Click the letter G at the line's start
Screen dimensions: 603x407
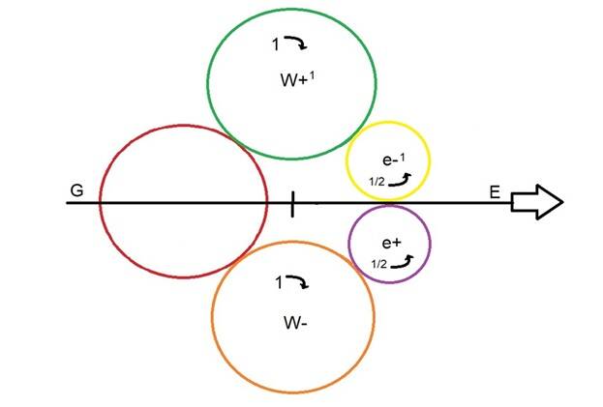[76, 190]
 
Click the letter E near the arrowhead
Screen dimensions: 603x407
[495, 192]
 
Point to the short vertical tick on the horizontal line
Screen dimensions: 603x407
[292, 204]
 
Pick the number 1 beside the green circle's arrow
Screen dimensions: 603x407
[275, 44]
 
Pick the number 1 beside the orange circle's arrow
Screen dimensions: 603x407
[279, 283]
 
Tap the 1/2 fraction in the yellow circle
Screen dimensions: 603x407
[377, 181]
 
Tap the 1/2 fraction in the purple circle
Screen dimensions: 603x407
[379, 263]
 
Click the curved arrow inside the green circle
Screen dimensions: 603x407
[297, 44]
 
